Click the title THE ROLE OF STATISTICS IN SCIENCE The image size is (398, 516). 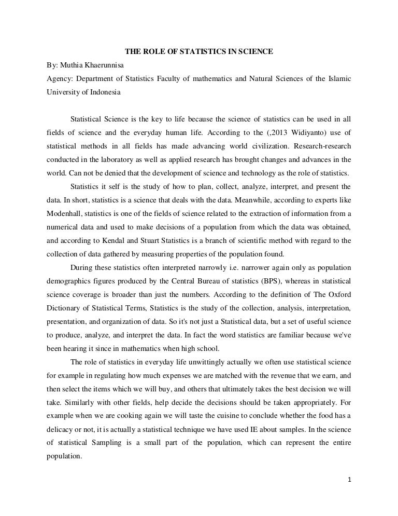199,52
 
